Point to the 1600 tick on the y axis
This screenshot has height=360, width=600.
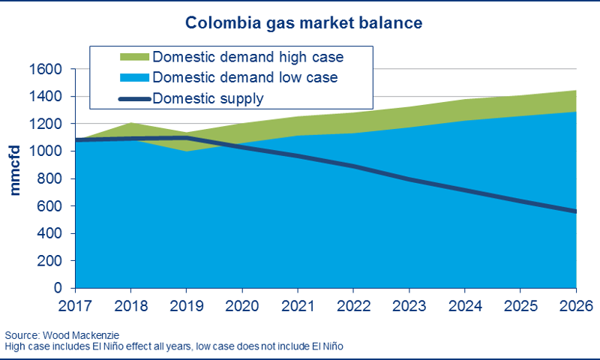tap(46, 69)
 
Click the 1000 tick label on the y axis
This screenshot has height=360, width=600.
tap(46, 151)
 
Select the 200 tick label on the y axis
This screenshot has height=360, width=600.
tap(49, 261)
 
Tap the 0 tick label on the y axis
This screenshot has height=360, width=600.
tap(58, 289)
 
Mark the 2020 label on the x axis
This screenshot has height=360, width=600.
tap(241, 306)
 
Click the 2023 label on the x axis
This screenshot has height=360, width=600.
tap(408, 306)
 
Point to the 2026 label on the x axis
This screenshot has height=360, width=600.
tap(574, 306)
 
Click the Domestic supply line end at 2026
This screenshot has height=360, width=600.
tap(574, 211)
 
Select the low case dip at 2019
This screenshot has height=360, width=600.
tap(185, 151)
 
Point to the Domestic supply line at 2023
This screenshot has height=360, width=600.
tap(408, 179)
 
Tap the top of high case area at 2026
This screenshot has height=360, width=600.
tap(574, 91)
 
